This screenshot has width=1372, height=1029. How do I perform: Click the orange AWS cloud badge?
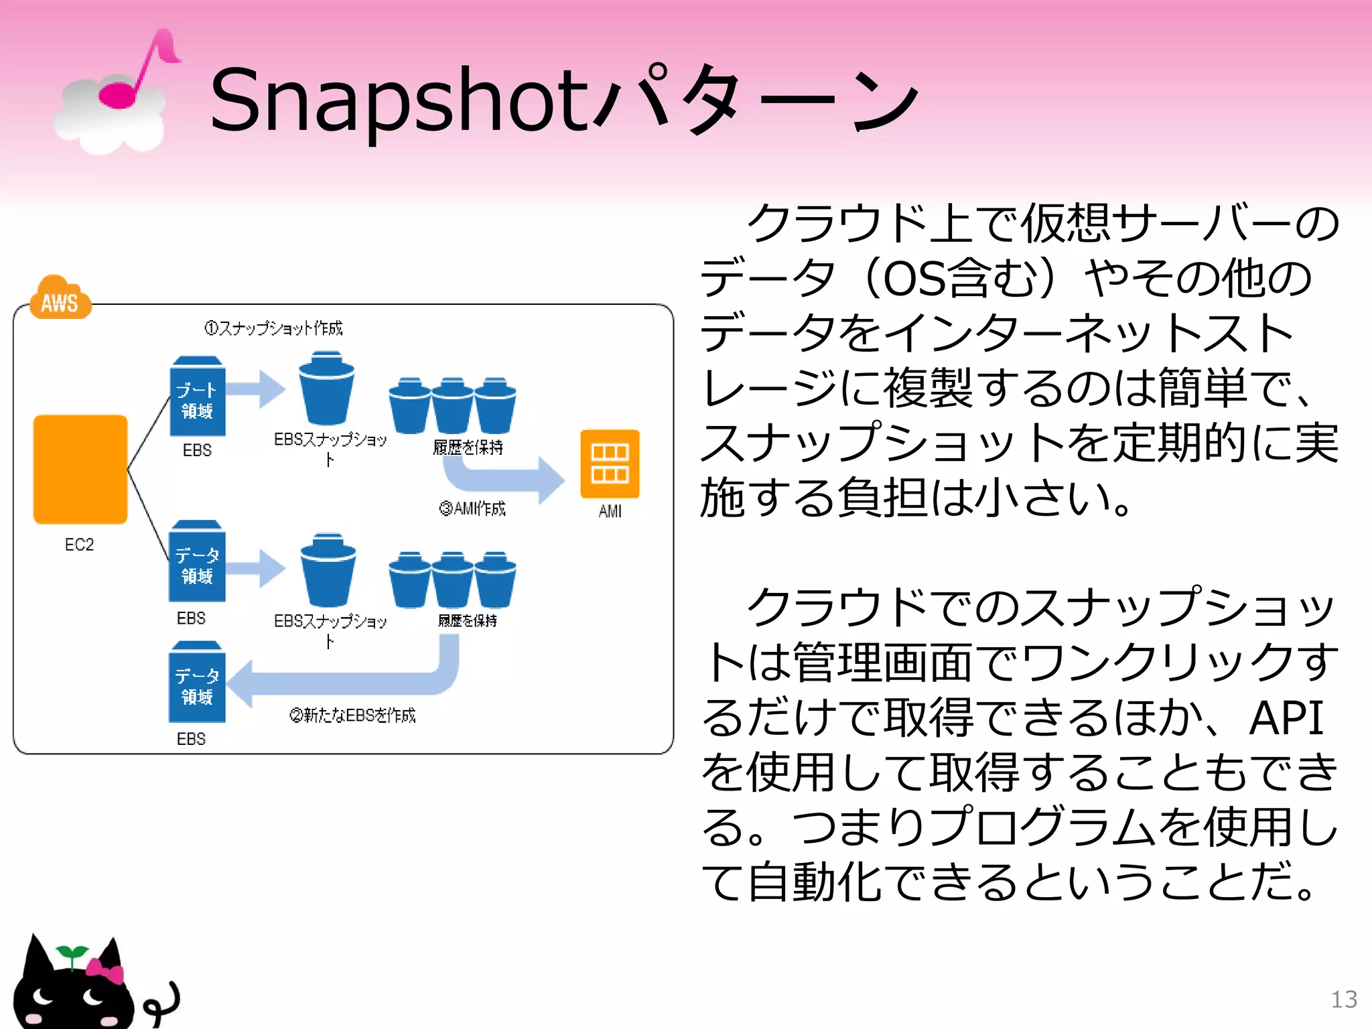(x=60, y=299)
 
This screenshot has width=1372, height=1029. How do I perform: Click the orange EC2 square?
(x=80, y=469)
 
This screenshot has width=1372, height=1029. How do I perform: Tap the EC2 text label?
(x=79, y=545)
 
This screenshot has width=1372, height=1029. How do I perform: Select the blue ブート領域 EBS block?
(x=197, y=398)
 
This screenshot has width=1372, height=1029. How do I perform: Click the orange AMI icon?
(x=610, y=464)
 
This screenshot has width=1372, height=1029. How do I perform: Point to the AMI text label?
(x=610, y=512)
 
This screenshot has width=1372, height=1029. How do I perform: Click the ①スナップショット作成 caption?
(x=273, y=328)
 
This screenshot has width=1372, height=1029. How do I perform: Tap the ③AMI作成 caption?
(x=472, y=509)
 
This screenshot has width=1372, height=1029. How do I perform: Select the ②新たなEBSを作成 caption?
(x=352, y=715)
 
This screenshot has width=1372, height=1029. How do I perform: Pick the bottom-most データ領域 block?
(x=197, y=683)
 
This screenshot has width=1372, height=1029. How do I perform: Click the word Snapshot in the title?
(x=399, y=100)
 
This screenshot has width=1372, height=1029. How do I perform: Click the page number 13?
(x=1343, y=1000)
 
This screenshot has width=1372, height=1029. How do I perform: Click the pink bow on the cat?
(x=106, y=970)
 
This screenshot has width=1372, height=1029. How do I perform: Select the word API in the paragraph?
(x=1286, y=718)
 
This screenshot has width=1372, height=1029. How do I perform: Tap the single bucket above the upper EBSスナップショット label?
(x=327, y=389)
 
